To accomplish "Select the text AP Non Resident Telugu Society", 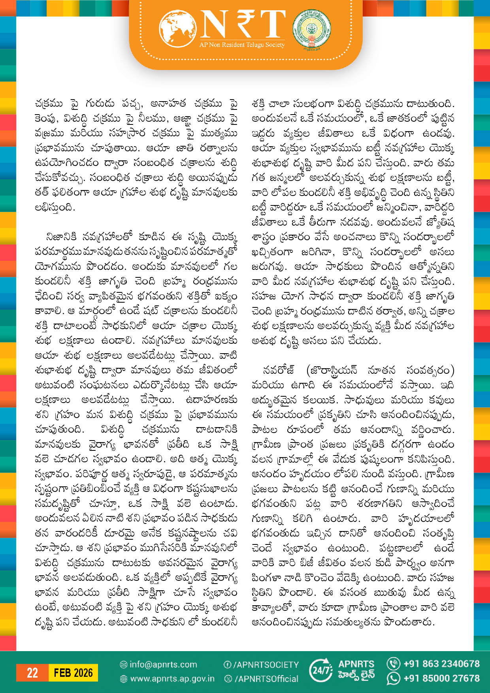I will pyautogui.click(x=242, y=45).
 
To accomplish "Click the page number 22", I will pyautogui.click(x=32, y=673).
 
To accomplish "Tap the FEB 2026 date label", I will pyautogui.click(x=73, y=673).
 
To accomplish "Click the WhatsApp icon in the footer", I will pyautogui.click(x=393, y=678).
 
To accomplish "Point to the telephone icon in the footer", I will pyautogui.click(x=393, y=663).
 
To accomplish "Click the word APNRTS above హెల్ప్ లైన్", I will pyautogui.click(x=356, y=664).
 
